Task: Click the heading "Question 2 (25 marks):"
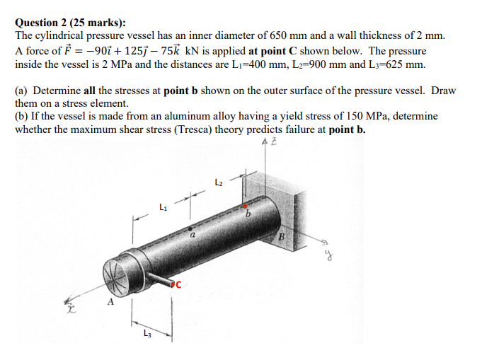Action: point(70,22)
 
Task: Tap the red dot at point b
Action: point(245,206)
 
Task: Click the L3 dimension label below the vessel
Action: point(147,335)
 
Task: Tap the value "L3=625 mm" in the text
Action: point(399,64)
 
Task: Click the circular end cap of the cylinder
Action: point(117,272)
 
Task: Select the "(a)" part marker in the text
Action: point(22,91)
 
